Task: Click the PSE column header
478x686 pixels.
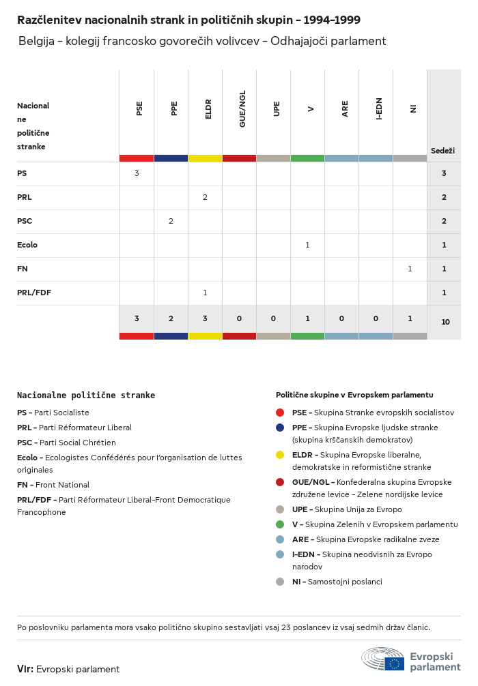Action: click(x=139, y=108)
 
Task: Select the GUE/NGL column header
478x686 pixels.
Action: click(x=242, y=108)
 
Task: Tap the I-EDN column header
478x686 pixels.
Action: click(x=379, y=108)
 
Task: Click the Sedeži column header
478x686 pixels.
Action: click(x=442, y=150)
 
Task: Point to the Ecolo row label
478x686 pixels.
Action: click(x=27, y=245)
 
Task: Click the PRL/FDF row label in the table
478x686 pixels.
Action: click(x=34, y=293)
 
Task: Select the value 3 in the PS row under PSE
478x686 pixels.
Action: click(x=137, y=173)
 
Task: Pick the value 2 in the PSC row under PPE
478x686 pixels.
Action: click(x=171, y=221)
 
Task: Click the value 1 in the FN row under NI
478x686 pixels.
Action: click(x=410, y=269)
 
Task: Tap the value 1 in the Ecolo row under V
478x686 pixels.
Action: click(x=307, y=245)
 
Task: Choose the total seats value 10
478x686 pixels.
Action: click(x=445, y=321)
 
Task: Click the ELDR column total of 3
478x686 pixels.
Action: click(x=205, y=318)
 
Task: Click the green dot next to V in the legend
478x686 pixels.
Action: click(x=280, y=524)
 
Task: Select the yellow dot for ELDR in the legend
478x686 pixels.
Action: click(x=280, y=455)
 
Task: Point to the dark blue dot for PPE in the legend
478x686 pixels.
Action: click(x=280, y=428)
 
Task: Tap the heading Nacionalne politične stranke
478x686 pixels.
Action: click(x=86, y=396)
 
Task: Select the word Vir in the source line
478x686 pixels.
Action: click(x=25, y=669)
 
